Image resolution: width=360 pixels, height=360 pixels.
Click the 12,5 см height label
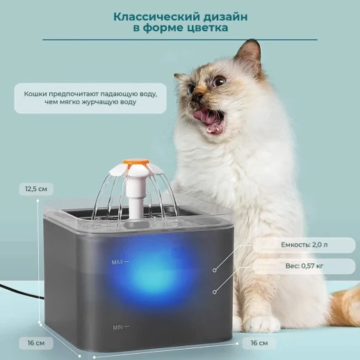[x=36, y=188]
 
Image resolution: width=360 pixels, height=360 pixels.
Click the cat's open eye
[x=220, y=81]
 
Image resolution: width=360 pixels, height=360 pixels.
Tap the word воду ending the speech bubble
[x=126, y=102]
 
